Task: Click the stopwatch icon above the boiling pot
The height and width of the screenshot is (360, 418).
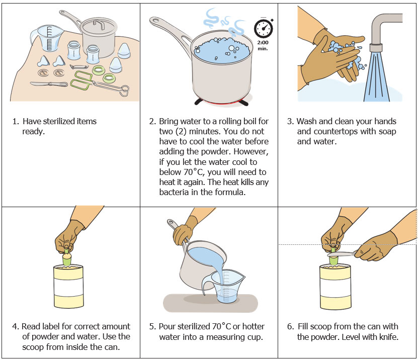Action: [263, 29]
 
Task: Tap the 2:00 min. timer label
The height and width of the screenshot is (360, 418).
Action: [263, 46]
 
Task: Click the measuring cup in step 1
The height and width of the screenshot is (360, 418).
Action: [43, 38]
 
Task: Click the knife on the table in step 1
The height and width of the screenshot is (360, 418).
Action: [48, 84]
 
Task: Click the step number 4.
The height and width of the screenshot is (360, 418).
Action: [15, 326]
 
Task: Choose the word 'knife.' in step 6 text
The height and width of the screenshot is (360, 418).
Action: [387, 337]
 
